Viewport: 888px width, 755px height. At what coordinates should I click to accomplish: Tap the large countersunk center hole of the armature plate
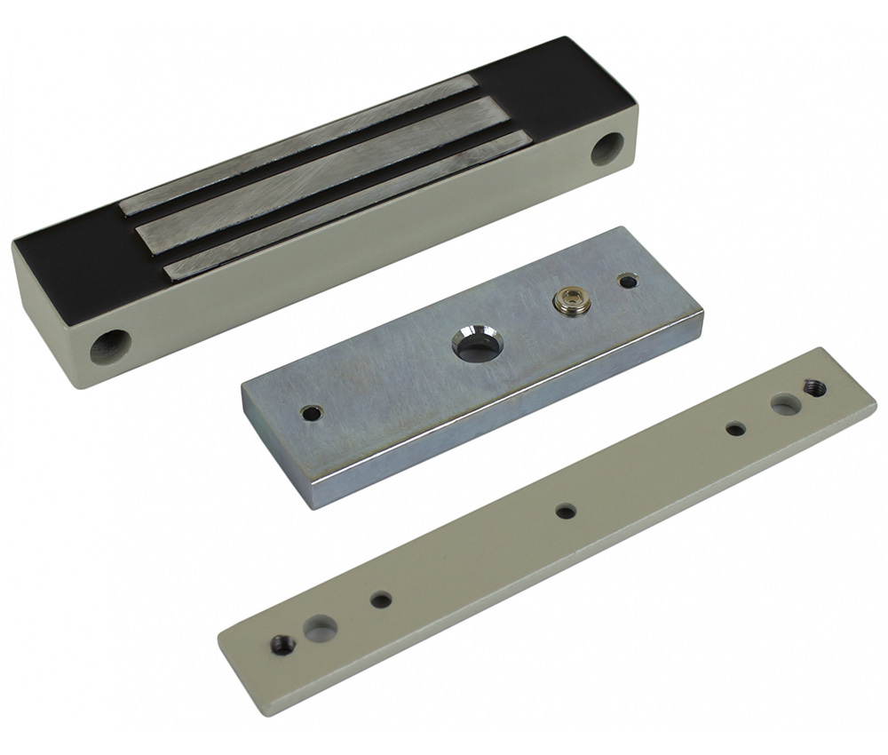point(472,345)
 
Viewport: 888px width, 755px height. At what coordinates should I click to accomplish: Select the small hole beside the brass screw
point(629,282)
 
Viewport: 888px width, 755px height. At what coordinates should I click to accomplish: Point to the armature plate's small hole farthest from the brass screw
point(311,413)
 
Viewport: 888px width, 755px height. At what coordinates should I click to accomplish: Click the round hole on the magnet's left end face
point(110,346)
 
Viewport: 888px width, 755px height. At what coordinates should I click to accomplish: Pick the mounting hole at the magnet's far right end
point(608,147)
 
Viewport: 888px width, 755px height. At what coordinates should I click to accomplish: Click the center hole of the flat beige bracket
point(565,511)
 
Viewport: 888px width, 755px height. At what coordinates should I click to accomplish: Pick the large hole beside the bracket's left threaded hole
point(320,629)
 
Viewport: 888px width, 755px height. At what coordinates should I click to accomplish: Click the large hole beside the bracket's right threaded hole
point(785,405)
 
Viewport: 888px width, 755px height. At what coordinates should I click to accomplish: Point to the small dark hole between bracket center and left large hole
point(381,600)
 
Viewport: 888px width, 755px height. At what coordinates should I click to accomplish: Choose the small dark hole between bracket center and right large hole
point(735,429)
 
